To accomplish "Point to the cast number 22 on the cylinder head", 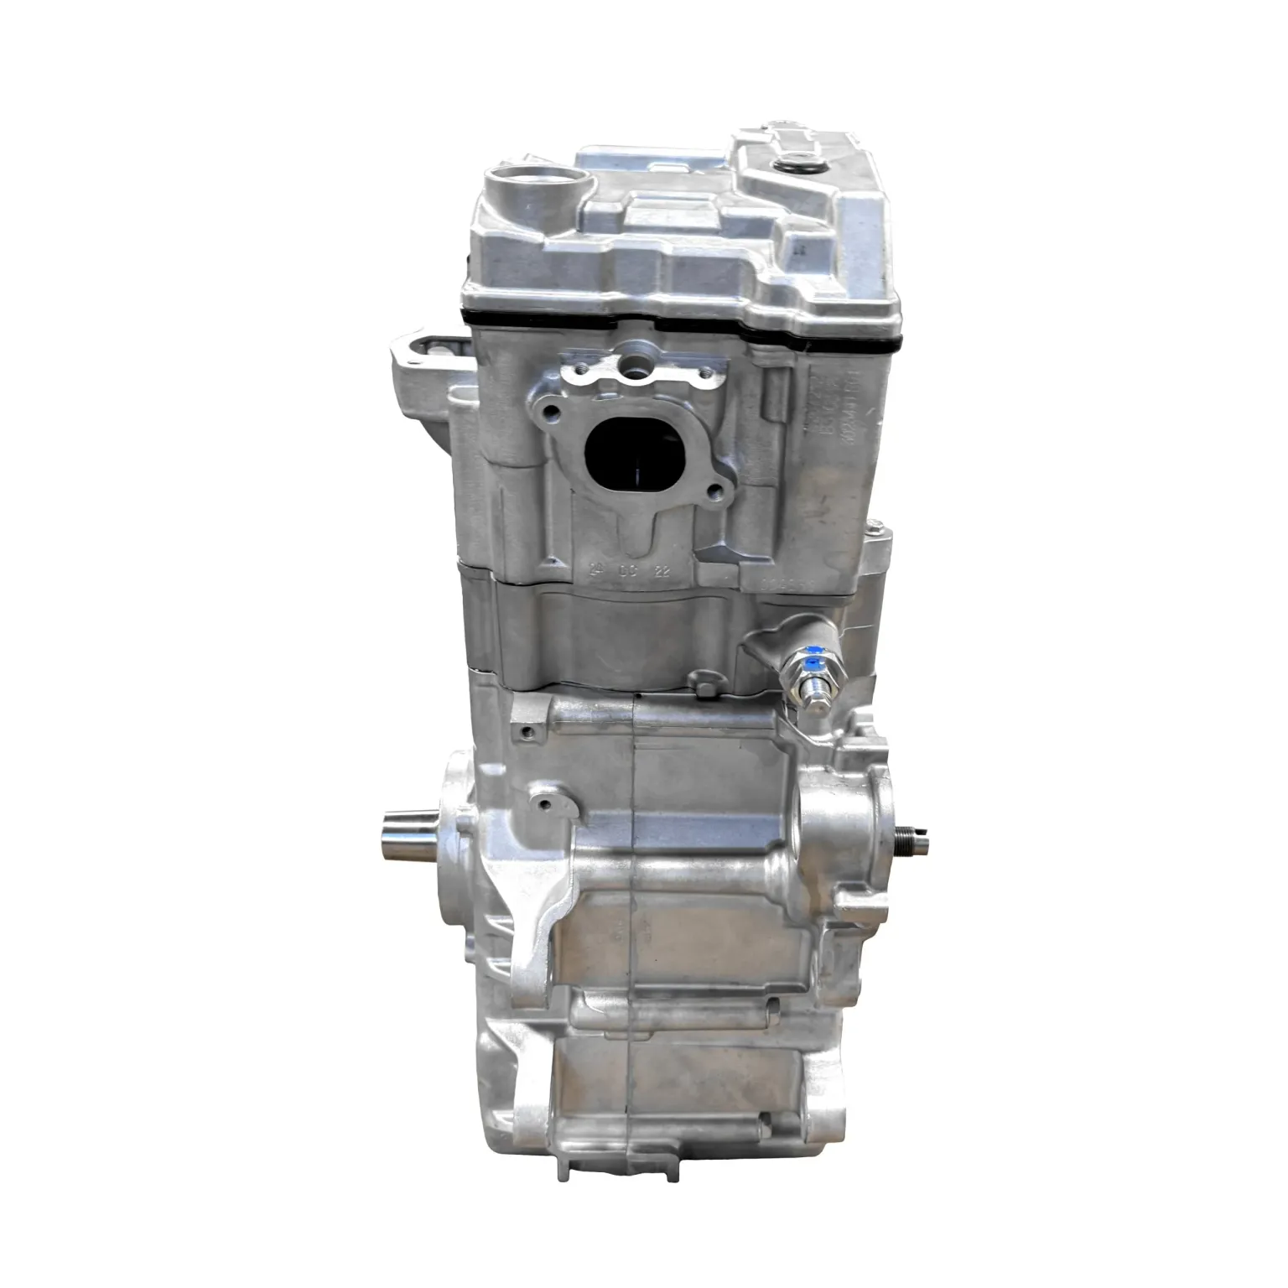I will pyautogui.click(x=662, y=571).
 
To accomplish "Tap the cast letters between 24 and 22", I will pyautogui.click(x=629, y=571).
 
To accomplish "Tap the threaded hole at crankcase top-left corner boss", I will pyautogui.click(x=526, y=733).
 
